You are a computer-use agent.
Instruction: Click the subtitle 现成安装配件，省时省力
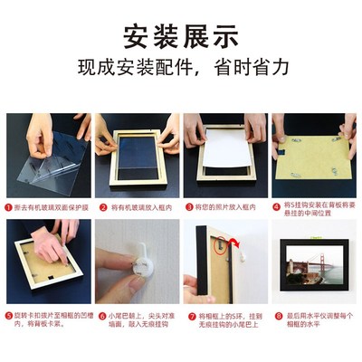coord(181,69)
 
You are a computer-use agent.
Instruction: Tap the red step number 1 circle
coord(9,206)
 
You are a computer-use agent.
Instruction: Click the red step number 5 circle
coord(9,317)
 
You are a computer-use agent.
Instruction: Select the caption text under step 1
coord(50,206)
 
